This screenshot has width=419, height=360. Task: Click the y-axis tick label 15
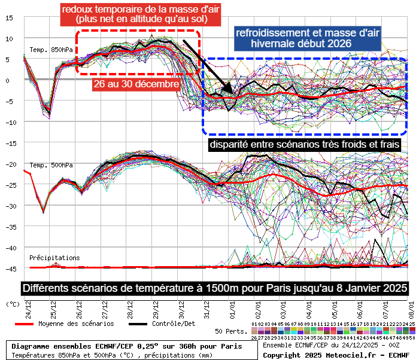point(9,17)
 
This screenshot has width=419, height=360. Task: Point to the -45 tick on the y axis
point(9,269)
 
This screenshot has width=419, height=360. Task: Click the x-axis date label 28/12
point(130,311)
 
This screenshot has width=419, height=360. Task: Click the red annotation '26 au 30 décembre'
point(136,85)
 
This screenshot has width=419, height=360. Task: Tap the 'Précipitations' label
point(54,258)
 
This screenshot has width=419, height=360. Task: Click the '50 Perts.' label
point(230,331)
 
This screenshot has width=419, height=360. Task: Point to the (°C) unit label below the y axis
point(11,303)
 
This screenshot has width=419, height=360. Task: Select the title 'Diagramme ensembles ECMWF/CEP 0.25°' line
point(127,346)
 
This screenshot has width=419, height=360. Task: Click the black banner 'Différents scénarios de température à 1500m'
point(215,288)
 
